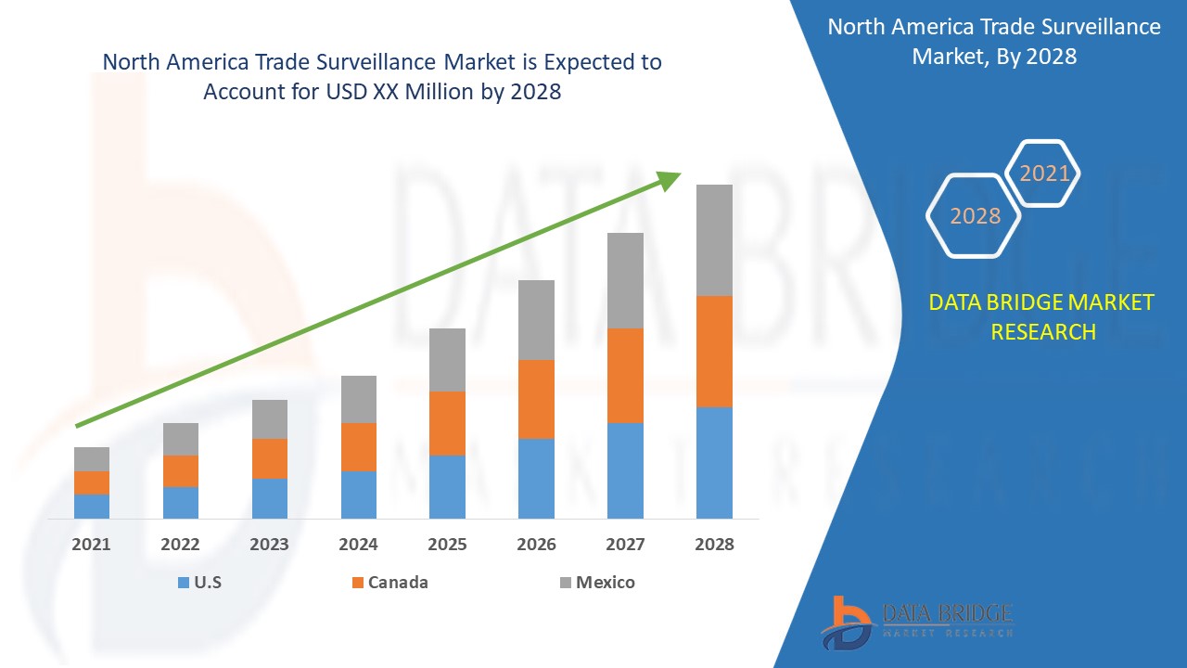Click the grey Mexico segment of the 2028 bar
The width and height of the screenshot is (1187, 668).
[x=714, y=239]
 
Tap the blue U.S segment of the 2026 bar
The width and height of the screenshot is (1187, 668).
[x=536, y=478]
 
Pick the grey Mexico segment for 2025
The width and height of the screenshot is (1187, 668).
[x=447, y=359]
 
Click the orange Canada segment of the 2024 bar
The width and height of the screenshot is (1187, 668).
[x=358, y=446]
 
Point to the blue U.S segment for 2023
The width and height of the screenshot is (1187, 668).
[x=269, y=498]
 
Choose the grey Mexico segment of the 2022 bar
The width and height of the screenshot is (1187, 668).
[x=180, y=439]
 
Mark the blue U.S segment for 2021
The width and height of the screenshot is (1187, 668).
[x=91, y=506]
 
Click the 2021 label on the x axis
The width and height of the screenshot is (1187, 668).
[x=91, y=545]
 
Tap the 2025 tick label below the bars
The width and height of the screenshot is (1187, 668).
[x=447, y=545]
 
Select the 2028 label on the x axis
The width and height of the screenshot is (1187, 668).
[x=714, y=545]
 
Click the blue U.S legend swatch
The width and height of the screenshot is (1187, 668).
[x=183, y=583]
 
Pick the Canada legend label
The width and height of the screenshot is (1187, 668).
[x=398, y=583]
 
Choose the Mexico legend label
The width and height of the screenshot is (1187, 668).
[x=605, y=583]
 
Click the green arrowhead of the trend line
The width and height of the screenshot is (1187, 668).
[x=670, y=179]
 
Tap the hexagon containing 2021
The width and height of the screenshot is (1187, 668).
[x=1044, y=173]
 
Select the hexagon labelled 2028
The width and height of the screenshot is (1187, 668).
[x=975, y=215]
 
